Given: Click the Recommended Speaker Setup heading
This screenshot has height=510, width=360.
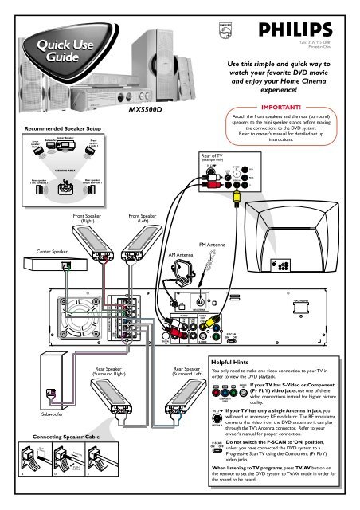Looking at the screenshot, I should click(x=57, y=126).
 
